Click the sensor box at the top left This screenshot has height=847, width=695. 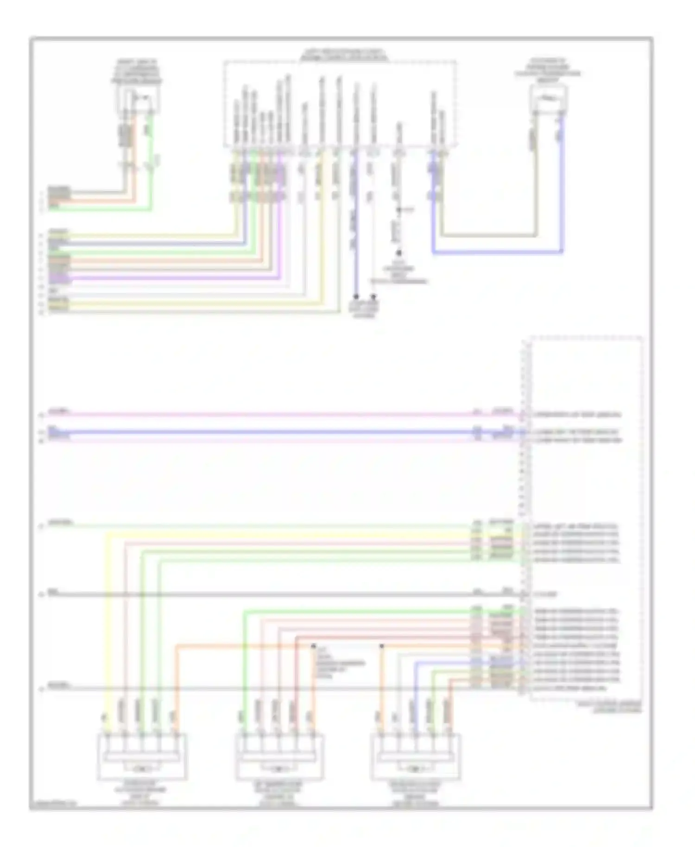tap(138, 98)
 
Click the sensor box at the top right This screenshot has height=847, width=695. tap(549, 98)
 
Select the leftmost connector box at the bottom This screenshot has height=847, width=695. tap(142, 756)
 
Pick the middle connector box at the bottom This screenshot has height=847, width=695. tap(280, 756)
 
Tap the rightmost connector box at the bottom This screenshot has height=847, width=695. tap(416, 756)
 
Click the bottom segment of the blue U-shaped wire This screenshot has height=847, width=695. tap(498, 253)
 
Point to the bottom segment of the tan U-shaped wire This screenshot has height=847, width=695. tap(489, 236)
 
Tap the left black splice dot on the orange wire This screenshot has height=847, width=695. tap(314, 645)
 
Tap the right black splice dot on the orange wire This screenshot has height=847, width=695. tap(382, 645)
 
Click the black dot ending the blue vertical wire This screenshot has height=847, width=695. tap(356, 296)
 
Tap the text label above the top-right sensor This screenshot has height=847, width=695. tap(549, 70)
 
